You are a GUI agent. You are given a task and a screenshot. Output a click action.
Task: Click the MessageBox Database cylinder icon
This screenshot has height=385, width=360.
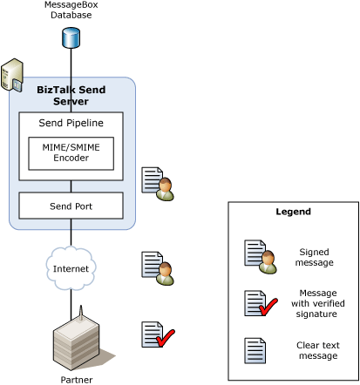71,37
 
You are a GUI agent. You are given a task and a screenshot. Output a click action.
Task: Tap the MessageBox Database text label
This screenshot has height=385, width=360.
71,10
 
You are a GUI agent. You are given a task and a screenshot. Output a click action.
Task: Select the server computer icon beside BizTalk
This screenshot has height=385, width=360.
12,76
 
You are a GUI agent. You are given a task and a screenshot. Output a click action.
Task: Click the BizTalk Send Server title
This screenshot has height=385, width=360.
71,96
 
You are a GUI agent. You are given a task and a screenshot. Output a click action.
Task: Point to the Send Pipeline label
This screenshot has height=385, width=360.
71,123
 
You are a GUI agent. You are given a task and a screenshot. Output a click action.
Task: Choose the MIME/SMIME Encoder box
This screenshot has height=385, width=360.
71,153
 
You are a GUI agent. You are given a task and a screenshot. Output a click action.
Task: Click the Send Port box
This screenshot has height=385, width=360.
71,206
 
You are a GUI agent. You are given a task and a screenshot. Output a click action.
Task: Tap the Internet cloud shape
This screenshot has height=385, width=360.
71,268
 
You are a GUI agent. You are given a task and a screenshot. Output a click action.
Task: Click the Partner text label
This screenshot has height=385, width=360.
77,380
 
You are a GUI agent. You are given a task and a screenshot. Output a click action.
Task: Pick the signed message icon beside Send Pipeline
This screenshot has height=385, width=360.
158,184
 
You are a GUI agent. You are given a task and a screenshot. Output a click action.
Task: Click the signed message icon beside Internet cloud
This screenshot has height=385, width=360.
158,268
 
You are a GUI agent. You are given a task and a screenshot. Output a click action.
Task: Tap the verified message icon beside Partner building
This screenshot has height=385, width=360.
158,334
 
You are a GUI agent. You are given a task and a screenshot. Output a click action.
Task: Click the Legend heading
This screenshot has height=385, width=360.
294,212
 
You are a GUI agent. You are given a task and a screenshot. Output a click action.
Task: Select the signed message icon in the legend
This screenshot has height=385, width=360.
261,257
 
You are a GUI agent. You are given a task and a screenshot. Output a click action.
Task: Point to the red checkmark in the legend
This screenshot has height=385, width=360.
268,307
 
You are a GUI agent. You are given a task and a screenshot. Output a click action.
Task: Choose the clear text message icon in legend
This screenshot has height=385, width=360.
255,350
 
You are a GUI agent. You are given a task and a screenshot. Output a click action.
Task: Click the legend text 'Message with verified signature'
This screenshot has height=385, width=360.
318,303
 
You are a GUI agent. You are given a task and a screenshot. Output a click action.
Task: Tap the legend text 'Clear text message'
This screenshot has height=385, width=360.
318,350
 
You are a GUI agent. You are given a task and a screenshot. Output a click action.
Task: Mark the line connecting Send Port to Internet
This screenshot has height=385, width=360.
71,233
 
